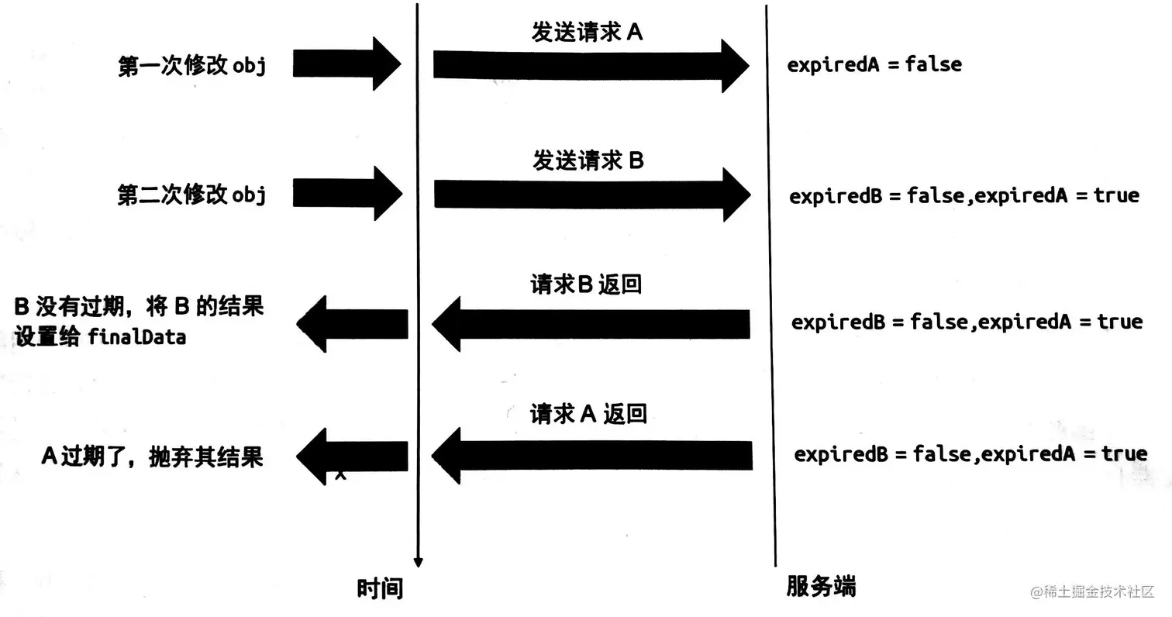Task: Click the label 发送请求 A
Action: coord(587,33)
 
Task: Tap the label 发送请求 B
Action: coord(588,160)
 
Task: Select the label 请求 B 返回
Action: coord(586,284)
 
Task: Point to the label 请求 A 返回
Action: coord(588,413)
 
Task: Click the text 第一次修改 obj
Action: coord(191,65)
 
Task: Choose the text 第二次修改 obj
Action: coord(191,194)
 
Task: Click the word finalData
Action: coord(136,337)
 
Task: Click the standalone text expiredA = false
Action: coord(874,64)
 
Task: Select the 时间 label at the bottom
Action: coord(380,588)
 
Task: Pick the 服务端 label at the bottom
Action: coord(821,586)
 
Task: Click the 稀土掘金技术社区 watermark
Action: coord(1092,591)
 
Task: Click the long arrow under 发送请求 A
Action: coord(589,66)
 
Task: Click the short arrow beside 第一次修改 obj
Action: coord(346,64)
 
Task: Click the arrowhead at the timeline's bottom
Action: coord(418,562)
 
